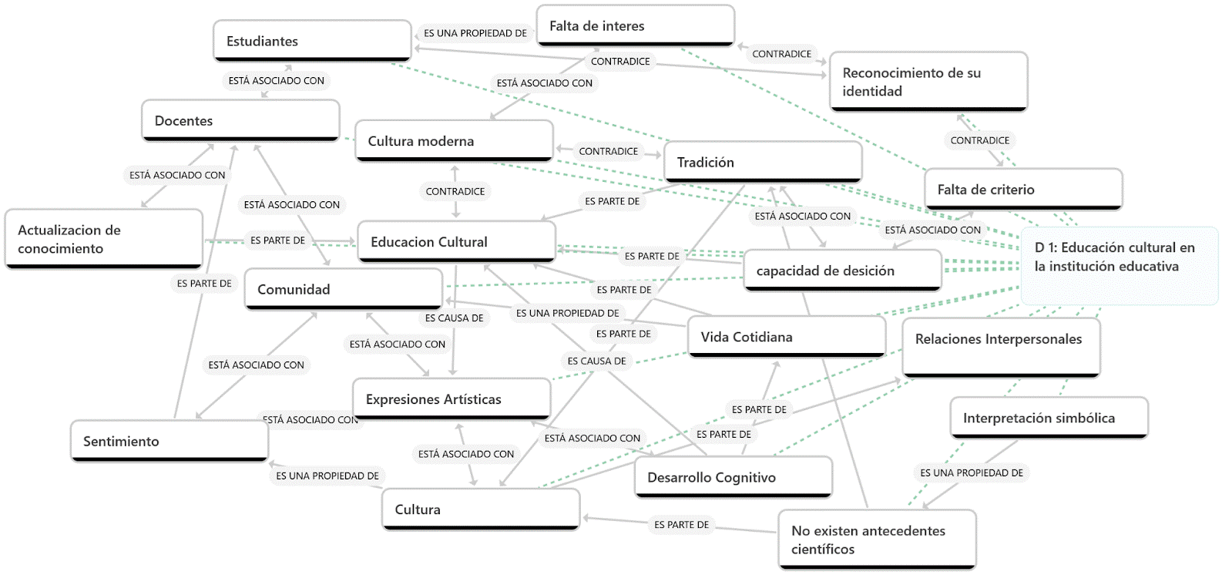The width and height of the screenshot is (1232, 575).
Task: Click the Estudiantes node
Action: (312, 41)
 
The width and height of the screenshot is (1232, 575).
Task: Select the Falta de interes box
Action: (636, 25)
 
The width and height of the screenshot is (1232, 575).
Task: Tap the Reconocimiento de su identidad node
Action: (928, 82)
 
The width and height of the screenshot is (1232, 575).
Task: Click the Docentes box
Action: (240, 121)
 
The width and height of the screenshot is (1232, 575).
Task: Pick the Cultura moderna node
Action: (454, 141)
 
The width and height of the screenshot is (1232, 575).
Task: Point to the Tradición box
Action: (762, 162)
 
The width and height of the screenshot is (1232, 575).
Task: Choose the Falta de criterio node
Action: (1023, 190)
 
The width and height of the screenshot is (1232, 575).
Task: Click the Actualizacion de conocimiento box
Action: (103, 239)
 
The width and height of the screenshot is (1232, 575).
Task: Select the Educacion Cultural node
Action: (456, 242)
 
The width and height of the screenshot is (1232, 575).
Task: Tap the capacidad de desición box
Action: (842, 271)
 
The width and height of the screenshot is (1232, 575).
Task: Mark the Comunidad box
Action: (343, 290)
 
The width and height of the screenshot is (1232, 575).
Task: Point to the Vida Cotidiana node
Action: (786, 337)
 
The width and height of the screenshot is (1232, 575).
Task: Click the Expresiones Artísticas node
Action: (452, 399)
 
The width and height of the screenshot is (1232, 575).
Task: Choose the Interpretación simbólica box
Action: (1049, 418)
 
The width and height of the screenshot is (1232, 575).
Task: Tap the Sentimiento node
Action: (169, 442)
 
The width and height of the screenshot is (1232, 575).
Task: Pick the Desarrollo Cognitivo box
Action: (733, 477)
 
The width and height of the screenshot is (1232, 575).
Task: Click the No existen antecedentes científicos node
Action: (877, 540)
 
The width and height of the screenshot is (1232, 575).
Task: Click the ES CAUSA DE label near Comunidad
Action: (455, 318)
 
